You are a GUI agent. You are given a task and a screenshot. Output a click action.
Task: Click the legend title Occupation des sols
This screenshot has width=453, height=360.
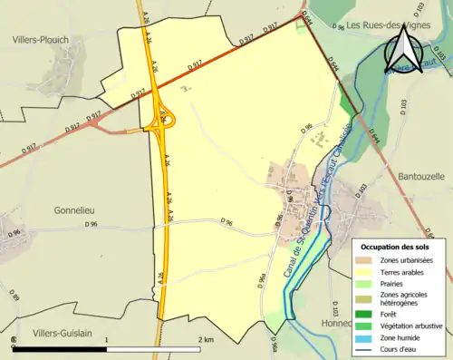(395, 247)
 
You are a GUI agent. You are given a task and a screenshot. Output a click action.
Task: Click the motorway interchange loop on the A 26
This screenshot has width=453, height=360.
(165, 119)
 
